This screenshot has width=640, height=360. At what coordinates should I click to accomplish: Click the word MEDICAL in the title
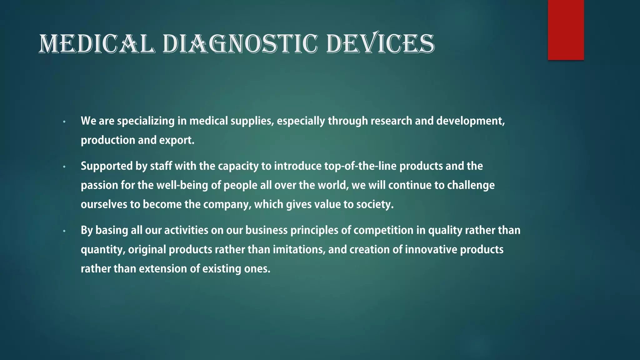97,44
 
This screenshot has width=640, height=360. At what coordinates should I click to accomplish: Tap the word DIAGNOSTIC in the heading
240,44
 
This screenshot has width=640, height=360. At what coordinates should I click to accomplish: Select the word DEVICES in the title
380,44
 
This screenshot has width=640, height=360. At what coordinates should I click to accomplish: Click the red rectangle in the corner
566,30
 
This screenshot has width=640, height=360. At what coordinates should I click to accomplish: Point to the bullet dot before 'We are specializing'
64,122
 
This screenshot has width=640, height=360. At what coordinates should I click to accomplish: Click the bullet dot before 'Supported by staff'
64,167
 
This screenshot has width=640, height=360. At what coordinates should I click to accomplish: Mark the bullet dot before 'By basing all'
64,231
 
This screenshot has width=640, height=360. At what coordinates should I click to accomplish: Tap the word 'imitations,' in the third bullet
299,250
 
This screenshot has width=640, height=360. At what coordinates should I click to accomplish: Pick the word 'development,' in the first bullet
470,121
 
